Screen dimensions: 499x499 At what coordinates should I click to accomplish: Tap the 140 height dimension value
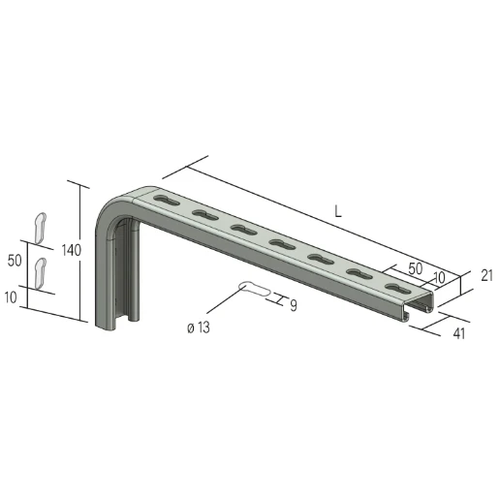pos(70,250)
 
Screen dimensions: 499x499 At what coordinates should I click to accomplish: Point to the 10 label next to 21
pos(439,278)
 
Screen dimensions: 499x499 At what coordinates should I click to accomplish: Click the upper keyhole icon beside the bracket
pos(41,226)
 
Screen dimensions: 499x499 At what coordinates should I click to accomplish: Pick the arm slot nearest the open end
pos(396,287)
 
